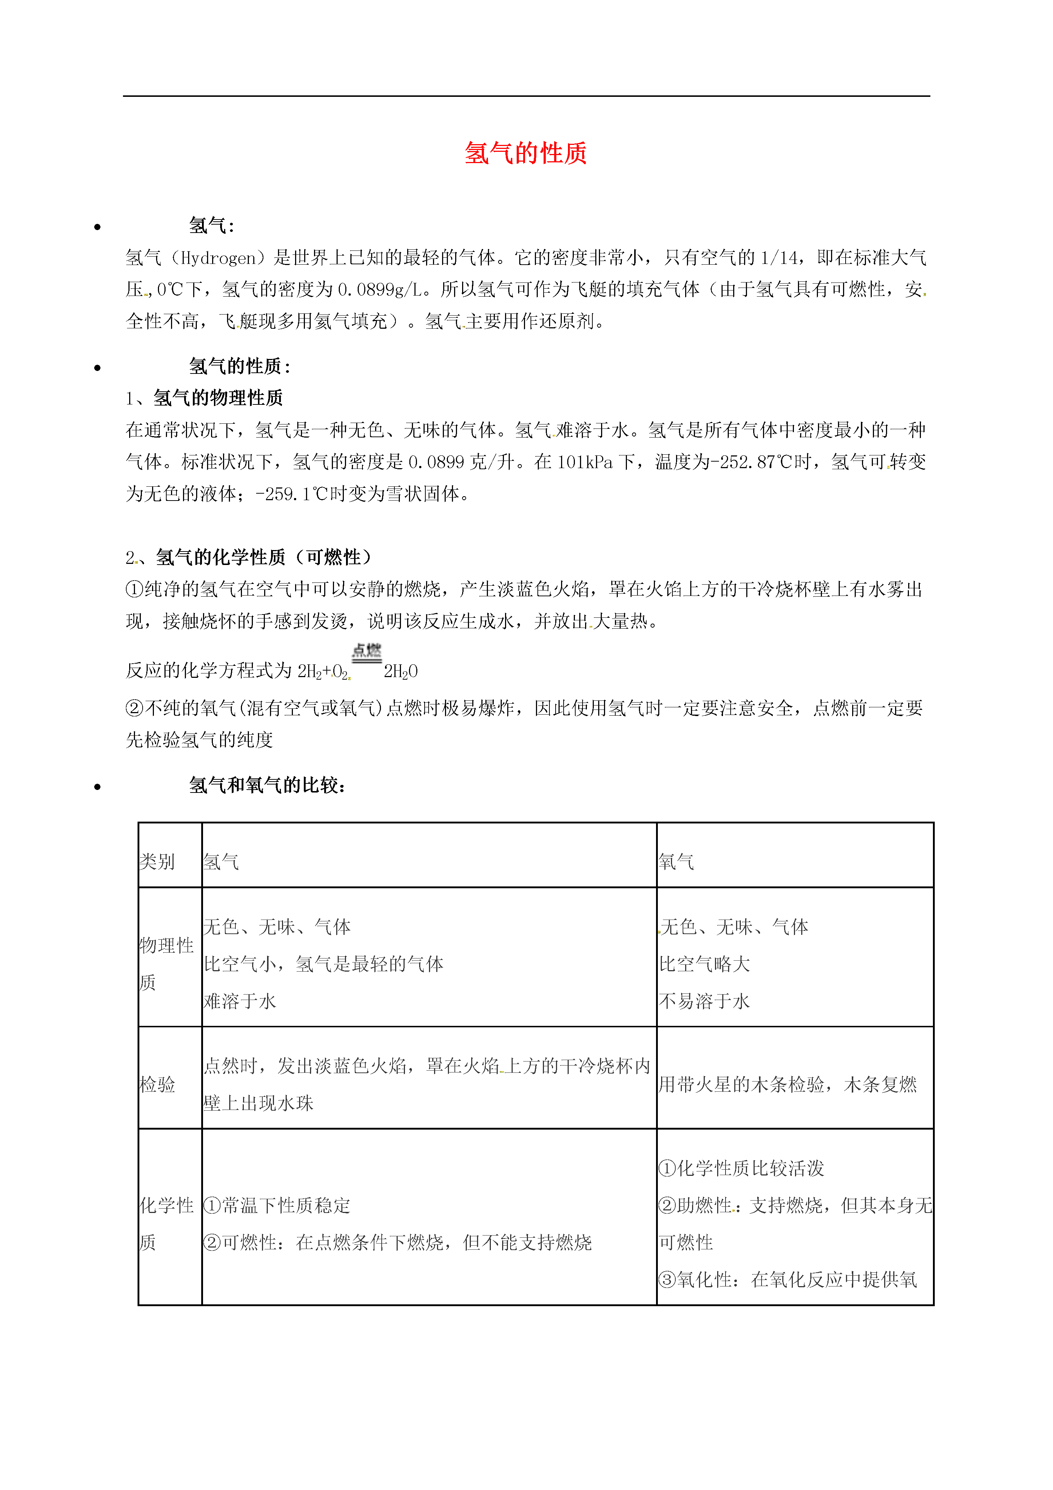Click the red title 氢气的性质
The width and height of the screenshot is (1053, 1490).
pos(525,154)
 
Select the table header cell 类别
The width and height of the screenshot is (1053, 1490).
pos(157,862)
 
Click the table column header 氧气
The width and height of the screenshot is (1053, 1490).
pos(676,862)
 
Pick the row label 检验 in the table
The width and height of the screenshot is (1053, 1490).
pos(157,1084)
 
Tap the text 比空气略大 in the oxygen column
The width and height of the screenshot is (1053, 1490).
pos(704,964)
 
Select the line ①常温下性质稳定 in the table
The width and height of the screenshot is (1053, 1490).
pos(277,1206)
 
